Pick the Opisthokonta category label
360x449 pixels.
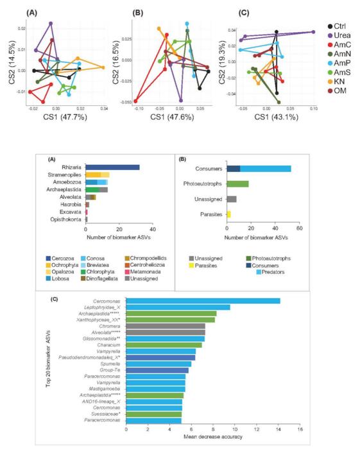[65, 219]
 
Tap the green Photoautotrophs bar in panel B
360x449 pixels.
[237, 183]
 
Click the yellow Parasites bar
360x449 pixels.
[228, 214]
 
